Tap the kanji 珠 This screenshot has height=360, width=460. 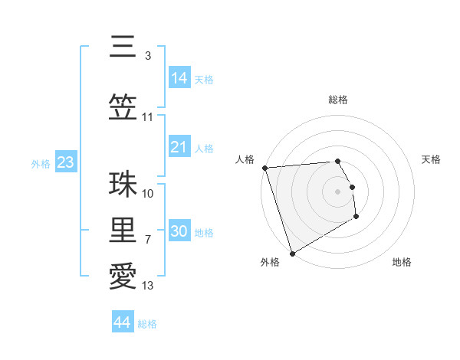122,185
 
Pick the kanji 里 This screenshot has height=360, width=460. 122,231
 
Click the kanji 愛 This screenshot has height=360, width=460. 122,277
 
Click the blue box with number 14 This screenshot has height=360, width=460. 179,77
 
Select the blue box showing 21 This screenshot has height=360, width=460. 179,147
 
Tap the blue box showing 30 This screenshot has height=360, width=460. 179,231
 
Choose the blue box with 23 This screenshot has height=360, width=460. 65,162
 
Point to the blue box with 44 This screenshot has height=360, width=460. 123,322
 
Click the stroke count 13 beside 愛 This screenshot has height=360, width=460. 148,286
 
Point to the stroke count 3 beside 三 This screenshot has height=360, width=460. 148,56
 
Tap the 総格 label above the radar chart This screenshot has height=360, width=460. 338,100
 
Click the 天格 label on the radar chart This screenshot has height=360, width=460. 432,159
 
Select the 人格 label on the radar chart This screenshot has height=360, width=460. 245,159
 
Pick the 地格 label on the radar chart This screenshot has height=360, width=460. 402,262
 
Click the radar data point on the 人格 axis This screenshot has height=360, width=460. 264,168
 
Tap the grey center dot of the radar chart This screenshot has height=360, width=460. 338,191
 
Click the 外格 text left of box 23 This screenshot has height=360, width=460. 41,163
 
